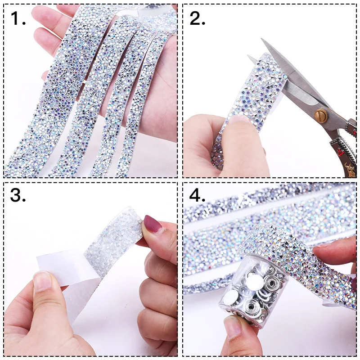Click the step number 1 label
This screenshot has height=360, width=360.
pos(18,18)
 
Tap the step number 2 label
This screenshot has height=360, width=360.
pos(198,18)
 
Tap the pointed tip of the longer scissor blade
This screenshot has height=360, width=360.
pos(261,39)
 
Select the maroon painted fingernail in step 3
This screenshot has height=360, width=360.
pos(152,224)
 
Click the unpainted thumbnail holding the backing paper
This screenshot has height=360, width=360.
pos(42,282)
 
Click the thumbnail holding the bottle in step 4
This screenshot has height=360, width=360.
pos(232,327)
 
